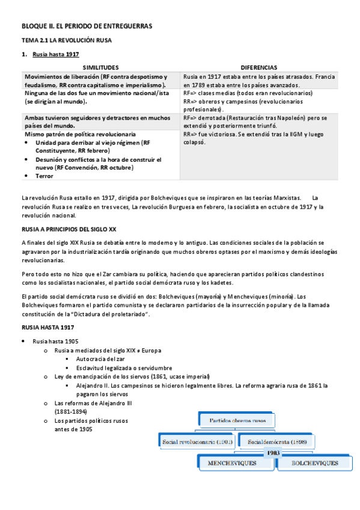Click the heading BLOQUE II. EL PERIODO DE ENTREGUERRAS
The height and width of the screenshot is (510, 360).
(x=87, y=26)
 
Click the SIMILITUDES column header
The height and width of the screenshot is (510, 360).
(x=100, y=68)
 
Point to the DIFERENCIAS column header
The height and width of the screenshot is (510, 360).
(x=258, y=68)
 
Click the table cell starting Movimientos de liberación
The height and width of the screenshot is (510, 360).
(x=100, y=81)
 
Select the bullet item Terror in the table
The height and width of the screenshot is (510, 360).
(x=44, y=176)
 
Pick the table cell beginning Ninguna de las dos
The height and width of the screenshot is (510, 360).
(x=100, y=98)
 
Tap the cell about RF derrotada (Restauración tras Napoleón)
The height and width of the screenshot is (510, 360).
(x=258, y=122)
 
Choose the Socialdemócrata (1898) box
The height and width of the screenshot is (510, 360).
(x=278, y=442)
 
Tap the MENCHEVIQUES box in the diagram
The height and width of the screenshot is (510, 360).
(x=232, y=464)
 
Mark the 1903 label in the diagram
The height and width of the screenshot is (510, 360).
(x=273, y=452)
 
